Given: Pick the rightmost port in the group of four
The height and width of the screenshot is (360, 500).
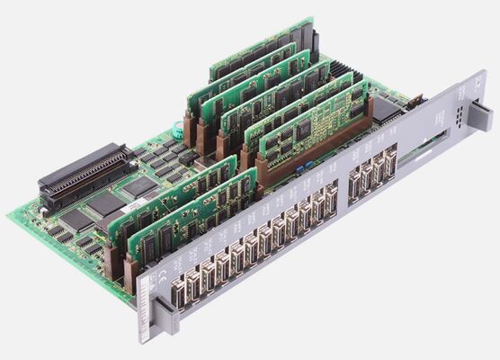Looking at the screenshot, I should (390, 161).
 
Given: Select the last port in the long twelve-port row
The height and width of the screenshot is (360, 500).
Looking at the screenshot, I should (330, 197).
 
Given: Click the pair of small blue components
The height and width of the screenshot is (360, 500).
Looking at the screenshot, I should (305, 167).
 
